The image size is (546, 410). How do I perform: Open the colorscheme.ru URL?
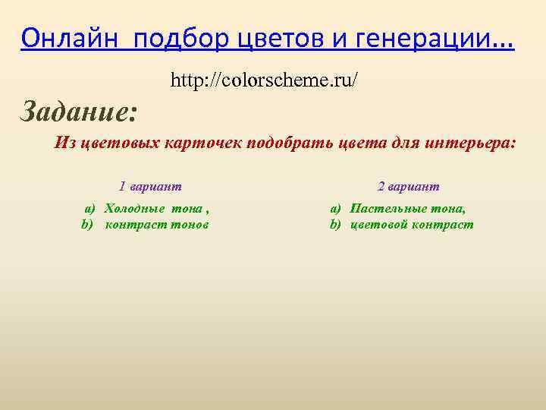click(x=264, y=79)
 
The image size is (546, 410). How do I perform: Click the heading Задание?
click(x=79, y=112)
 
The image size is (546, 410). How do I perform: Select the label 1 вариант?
click(x=150, y=186)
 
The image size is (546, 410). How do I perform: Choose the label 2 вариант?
click(x=408, y=186)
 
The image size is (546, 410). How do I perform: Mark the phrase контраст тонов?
click(x=157, y=224)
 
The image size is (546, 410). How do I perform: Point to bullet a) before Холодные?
click(x=89, y=208)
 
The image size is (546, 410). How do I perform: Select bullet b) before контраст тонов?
click(x=87, y=224)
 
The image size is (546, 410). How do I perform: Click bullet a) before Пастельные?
click(x=335, y=208)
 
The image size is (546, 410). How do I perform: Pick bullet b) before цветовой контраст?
click(x=335, y=224)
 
